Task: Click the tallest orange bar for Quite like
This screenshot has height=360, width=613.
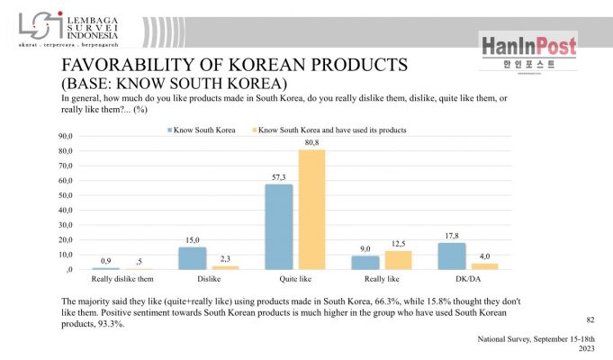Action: (311, 210)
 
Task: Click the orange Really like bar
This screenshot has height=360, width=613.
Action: (398, 260)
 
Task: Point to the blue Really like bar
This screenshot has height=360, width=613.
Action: (365, 263)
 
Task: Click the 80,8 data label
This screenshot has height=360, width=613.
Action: (311, 142)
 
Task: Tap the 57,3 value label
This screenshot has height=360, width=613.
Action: (278, 177)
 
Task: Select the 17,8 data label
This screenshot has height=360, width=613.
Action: (451, 237)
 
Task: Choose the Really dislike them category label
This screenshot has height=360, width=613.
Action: (122, 280)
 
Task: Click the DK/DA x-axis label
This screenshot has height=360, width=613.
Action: (467, 280)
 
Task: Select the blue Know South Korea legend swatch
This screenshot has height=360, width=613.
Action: (169, 130)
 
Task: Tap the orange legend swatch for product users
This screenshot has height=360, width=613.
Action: (254, 130)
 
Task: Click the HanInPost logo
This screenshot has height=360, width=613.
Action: (528, 50)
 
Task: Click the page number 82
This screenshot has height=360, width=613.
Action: (590, 319)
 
